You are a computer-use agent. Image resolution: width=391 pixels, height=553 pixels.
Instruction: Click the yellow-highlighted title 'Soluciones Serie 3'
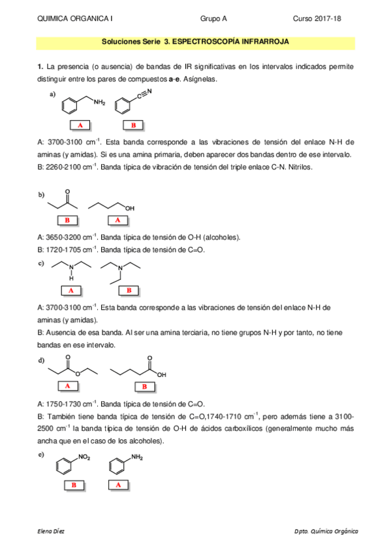[196, 41]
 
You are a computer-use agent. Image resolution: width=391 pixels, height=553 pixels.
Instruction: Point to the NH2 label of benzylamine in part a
[99, 102]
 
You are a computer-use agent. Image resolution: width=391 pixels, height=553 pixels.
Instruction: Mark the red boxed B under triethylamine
[129, 290]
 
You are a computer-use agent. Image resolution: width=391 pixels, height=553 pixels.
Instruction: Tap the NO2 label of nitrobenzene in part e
[84, 459]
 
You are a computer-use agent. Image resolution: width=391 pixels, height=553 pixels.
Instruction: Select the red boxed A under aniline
[118, 485]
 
